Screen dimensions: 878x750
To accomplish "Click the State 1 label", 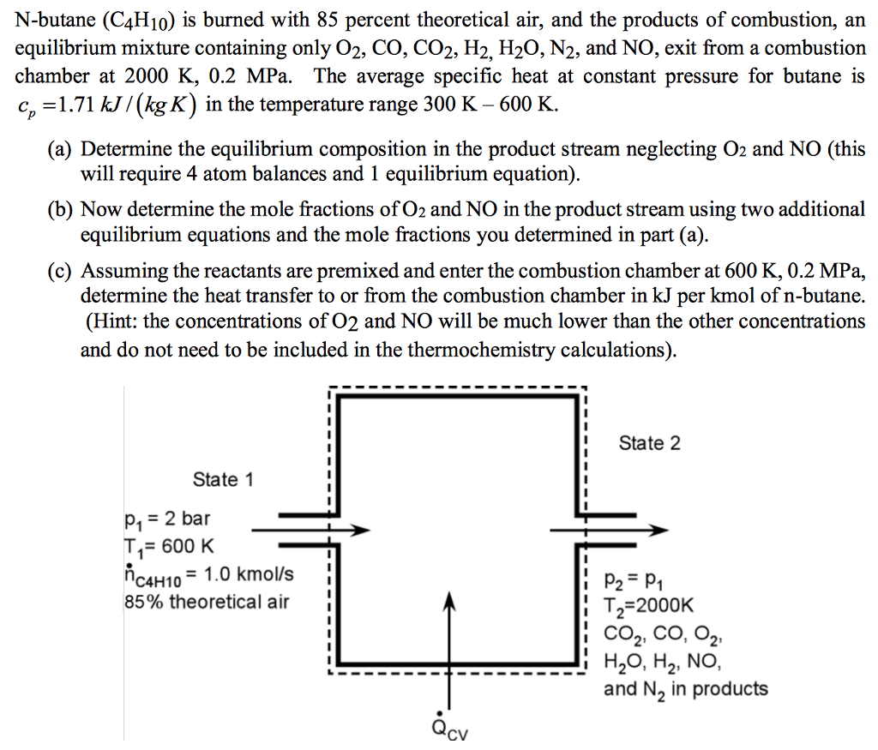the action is tap(223, 479).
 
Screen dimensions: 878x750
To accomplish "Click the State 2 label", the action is tap(649, 443).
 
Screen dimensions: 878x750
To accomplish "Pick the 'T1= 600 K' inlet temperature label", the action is tap(168, 546).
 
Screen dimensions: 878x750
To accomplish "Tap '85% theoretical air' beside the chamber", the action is tap(207, 602).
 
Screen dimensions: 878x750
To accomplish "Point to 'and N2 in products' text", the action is tap(686, 689).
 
